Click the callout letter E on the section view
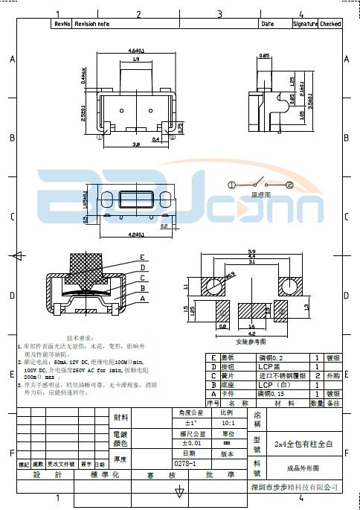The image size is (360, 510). tap(142, 258)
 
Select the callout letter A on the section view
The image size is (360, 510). tap(142, 299)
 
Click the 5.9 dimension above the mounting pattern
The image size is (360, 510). tap(251, 252)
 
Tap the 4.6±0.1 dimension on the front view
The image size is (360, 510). tap(136, 51)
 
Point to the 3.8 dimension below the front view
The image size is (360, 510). tap(136, 144)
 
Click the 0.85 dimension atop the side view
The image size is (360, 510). tap(263, 56)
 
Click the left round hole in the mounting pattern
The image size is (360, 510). tap(215, 286)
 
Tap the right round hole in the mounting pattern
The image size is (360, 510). tap(289, 286)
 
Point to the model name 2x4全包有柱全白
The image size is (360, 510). tap(303, 444)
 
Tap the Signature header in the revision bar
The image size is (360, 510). tap(305, 24)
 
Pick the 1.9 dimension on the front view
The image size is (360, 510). tap(136, 59)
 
